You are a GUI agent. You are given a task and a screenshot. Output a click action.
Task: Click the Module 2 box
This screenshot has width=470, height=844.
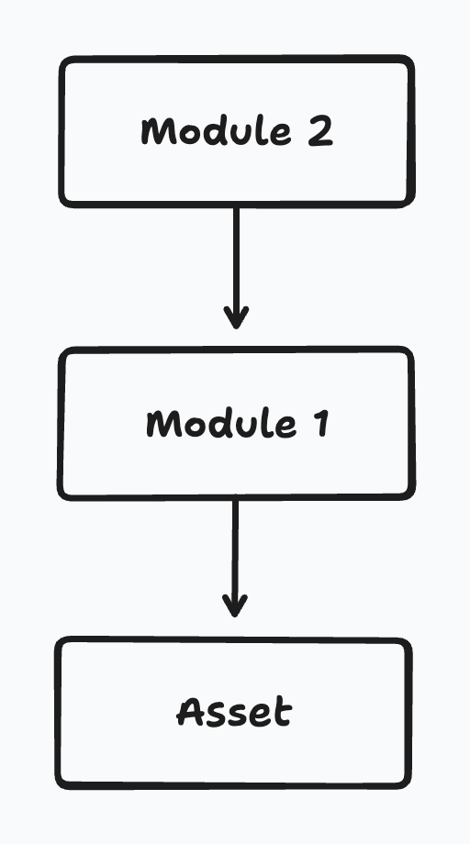coord(236,131)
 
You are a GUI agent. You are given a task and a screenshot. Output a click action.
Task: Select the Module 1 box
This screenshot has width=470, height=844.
coord(236,424)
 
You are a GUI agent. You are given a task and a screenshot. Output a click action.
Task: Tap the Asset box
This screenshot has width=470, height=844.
coord(234,713)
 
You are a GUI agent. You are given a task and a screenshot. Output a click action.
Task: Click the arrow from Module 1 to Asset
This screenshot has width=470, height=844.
coord(235,559)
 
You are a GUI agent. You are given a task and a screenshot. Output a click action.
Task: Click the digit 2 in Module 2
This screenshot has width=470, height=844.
coord(321,132)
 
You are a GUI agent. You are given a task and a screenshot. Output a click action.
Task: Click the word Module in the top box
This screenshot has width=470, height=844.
coord(217,131)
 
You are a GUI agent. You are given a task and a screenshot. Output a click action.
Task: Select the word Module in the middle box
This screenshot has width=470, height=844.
coord(221,424)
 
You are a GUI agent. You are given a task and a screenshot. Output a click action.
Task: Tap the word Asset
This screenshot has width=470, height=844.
coord(234,712)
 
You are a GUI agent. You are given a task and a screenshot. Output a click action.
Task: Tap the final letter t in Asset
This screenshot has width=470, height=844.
coord(283,712)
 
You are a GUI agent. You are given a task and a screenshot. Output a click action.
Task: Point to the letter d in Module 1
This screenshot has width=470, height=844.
coord(219,423)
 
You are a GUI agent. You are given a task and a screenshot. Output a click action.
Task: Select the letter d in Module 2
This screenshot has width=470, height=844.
coord(216,131)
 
